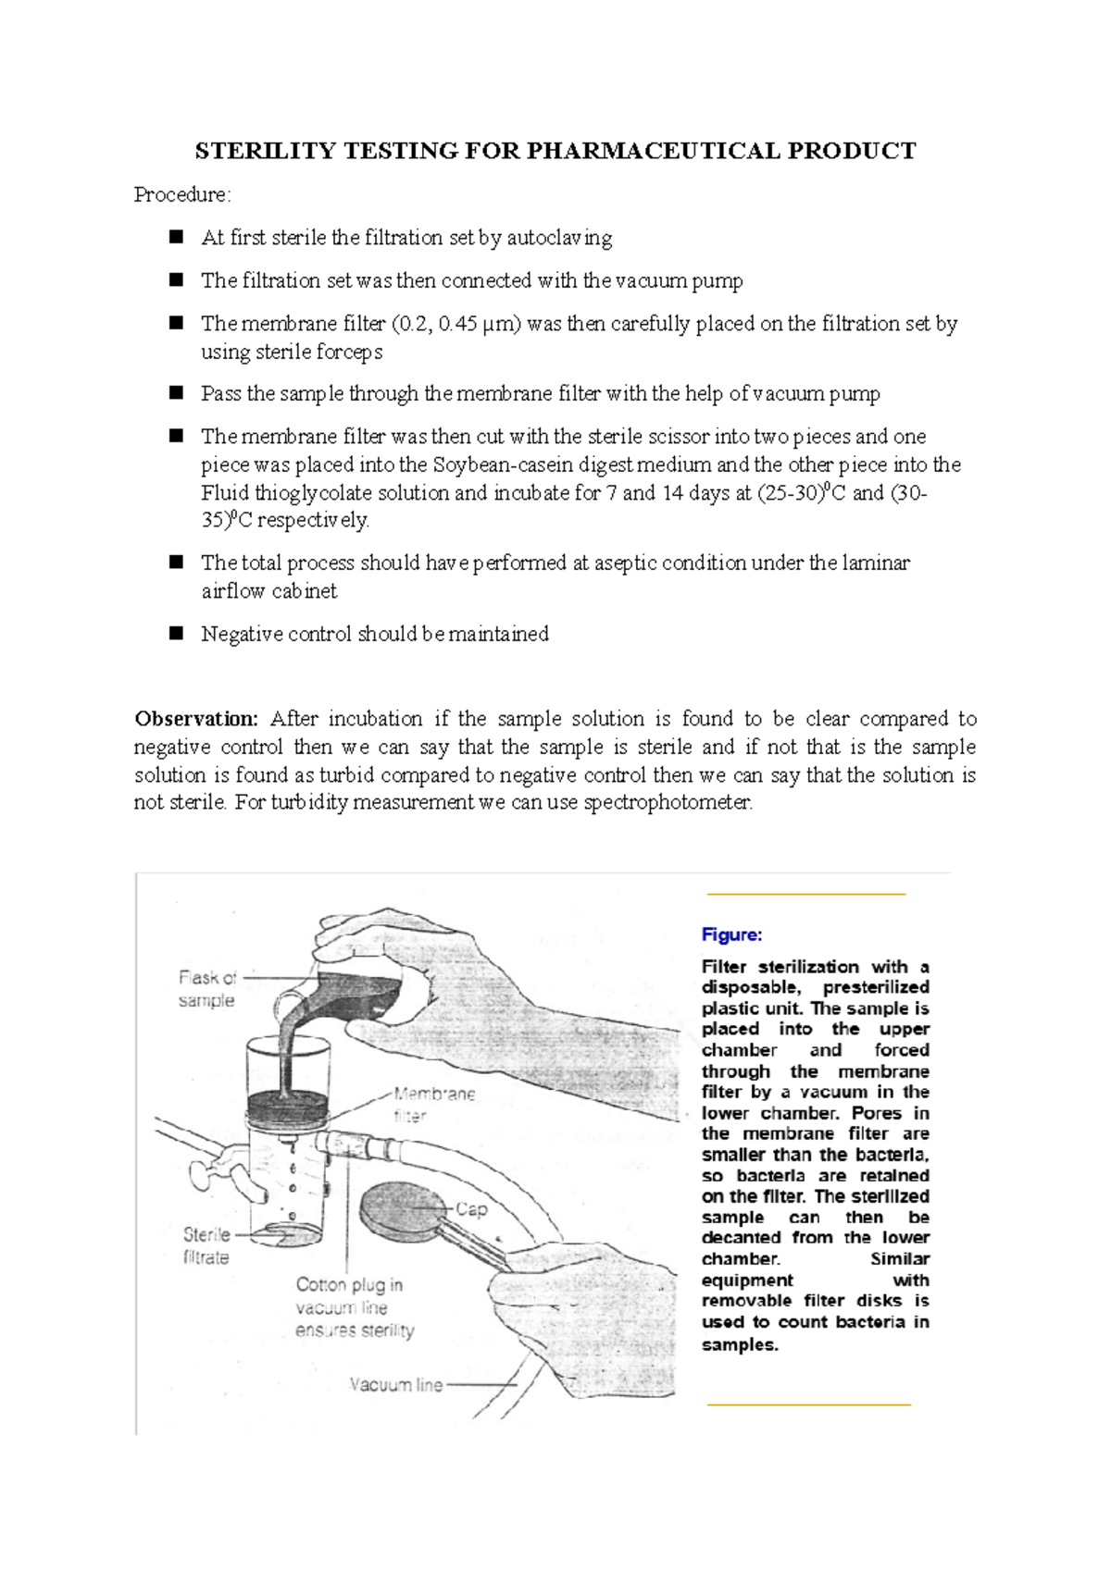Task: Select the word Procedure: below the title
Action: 182,195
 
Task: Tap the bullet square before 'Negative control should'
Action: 177,634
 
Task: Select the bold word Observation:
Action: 196,719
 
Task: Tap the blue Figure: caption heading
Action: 731,934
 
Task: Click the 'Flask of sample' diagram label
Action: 207,988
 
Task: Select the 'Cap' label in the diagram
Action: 471,1208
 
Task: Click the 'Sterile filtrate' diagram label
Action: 206,1245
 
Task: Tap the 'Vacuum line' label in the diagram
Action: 396,1385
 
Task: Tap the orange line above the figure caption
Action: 805,895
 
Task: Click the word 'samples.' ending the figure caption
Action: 740,1344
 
